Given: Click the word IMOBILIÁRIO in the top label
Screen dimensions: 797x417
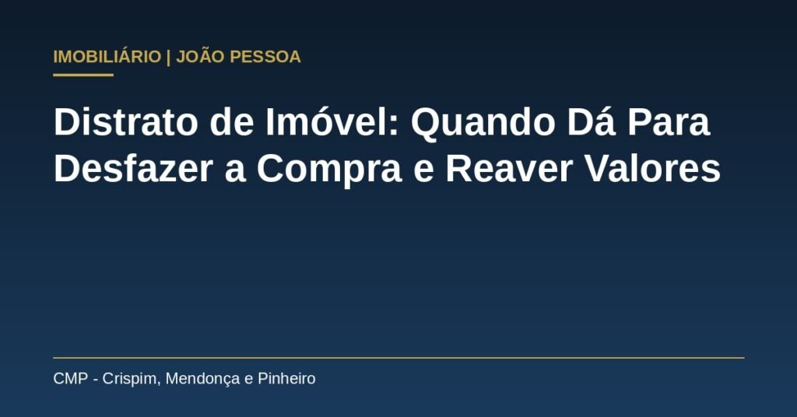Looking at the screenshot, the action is pos(107,56).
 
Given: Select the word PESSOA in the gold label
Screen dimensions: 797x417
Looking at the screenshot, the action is pos(265,56).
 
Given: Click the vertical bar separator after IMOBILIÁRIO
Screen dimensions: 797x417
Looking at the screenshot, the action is pos(169,57).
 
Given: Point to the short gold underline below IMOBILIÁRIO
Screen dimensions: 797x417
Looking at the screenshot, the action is pos(83,75).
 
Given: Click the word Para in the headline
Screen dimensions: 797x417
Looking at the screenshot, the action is pos(669,122).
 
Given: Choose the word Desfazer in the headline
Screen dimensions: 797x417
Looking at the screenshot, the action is pos(133,169).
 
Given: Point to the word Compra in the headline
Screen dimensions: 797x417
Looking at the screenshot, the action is pos(329,170).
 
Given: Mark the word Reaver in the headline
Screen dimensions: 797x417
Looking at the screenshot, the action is pos(509,169).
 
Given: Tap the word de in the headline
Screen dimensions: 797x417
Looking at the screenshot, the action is pos(232,122).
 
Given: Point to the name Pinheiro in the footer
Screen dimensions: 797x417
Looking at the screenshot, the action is pos(286,378).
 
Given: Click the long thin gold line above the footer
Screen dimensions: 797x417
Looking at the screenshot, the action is pos(398,358).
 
